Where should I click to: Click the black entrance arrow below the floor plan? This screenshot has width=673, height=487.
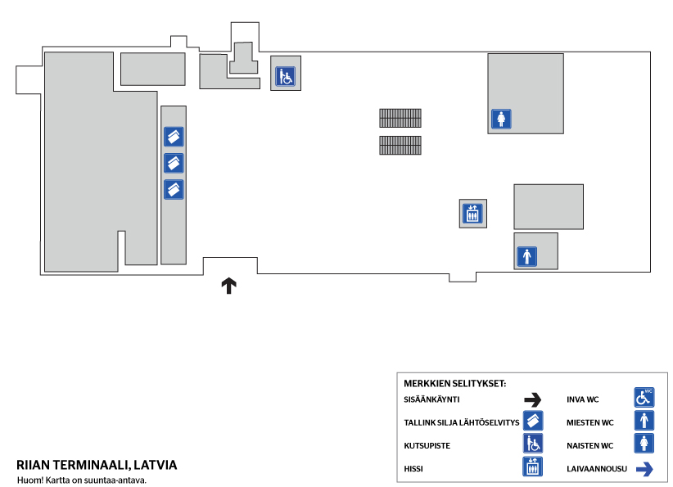pyautogui.click(x=228, y=286)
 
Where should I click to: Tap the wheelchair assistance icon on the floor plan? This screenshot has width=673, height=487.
pyautogui.click(x=286, y=76)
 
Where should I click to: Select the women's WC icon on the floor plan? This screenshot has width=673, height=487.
pyautogui.click(x=501, y=119)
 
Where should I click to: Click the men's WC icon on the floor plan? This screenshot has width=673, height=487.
pyautogui.click(x=526, y=256)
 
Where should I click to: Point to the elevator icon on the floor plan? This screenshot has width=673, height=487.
pyautogui.click(x=472, y=214)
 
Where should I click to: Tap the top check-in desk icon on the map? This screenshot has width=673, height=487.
pyautogui.click(x=174, y=137)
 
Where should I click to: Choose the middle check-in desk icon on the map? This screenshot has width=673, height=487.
pyautogui.click(x=174, y=163)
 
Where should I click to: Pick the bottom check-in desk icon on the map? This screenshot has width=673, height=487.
pyautogui.click(x=174, y=189)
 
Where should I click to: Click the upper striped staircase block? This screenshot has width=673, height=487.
pyautogui.click(x=400, y=118)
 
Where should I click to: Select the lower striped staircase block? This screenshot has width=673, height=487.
pyautogui.click(x=400, y=145)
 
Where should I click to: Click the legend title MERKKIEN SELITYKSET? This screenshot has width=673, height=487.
pyautogui.click(x=455, y=384)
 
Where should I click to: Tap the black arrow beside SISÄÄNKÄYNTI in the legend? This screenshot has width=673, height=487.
pyautogui.click(x=533, y=400)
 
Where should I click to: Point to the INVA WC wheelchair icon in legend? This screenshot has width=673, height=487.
pyautogui.click(x=644, y=397)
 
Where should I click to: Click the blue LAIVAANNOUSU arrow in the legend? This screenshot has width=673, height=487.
pyautogui.click(x=644, y=469)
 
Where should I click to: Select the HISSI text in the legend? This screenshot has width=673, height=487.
pyautogui.click(x=413, y=469)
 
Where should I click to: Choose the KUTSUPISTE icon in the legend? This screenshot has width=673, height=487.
pyautogui.click(x=533, y=444)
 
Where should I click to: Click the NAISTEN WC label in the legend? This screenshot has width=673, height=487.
pyautogui.click(x=589, y=446)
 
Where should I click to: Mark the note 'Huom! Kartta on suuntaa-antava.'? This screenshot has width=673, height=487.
pyautogui.click(x=82, y=480)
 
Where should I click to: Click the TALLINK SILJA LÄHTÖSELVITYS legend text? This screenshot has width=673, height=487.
pyautogui.click(x=462, y=422)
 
